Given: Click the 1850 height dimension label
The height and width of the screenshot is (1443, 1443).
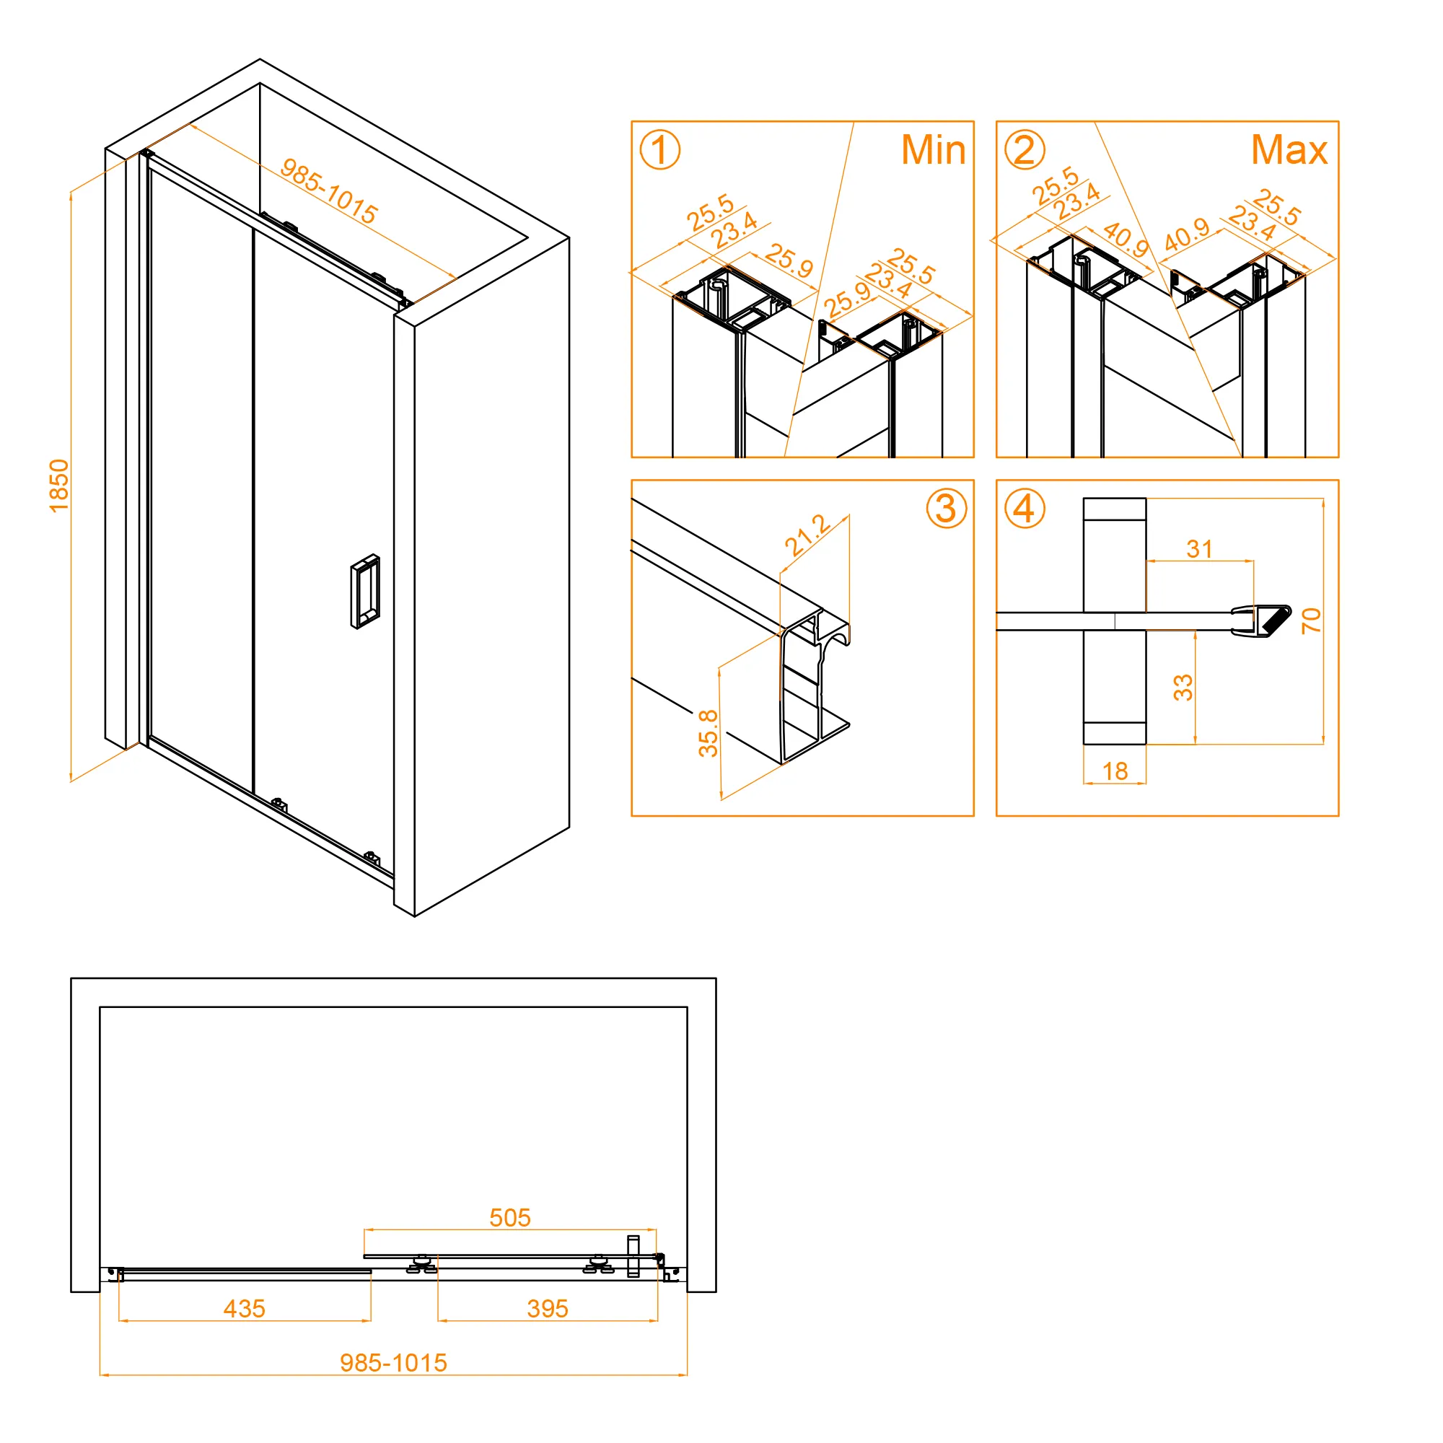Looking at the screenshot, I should (x=59, y=486).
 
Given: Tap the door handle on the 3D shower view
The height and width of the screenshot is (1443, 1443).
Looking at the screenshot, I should (x=364, y=592).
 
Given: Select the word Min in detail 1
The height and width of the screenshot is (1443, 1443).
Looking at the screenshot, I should (x=933, y=150).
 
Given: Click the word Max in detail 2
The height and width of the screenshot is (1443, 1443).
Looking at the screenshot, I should (x=1289, y=150).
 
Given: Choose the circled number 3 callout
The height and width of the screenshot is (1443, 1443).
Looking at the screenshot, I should (x=947, y=509).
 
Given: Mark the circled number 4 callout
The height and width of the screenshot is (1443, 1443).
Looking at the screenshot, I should (x=1024, y=509).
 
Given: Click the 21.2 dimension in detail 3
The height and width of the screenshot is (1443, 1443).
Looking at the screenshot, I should (x=807, y=535).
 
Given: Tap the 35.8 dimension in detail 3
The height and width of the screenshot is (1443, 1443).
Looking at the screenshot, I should (x=708, y=734).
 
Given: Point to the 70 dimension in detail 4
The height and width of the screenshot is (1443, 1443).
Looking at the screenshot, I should (x=1311, y=620).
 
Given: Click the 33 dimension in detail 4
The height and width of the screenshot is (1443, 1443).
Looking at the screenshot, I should (x=1183, y=687).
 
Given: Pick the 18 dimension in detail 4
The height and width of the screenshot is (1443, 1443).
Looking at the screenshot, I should (x=1115, y=771).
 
